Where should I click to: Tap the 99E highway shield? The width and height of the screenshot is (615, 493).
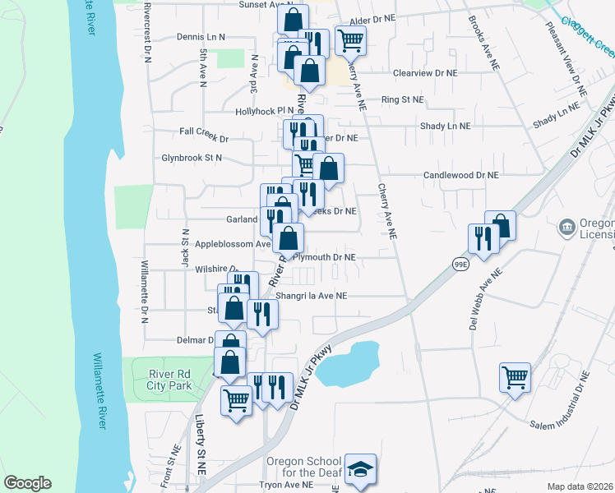click(x=460, y=263)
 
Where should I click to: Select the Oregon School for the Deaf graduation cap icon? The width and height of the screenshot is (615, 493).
click(x=360, y=469)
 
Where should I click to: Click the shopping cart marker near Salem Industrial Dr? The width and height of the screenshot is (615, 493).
click(x=515, y=378)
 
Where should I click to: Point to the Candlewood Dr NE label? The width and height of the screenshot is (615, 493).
click(x=461, y=175)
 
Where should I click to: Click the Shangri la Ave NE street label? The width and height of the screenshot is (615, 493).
click(x=312, y=296)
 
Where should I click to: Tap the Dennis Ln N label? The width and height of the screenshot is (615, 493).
click(x=201, y=37)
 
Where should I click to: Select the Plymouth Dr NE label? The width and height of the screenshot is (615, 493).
click(x=324, y=257)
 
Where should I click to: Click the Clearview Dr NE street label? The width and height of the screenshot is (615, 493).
click(x=423, y=72)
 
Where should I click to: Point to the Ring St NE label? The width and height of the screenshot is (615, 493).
click(x=403, y=99)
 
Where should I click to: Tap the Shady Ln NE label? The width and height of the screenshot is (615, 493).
click(x=445, y=126)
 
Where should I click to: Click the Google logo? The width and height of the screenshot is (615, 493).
click(x=27, y=483)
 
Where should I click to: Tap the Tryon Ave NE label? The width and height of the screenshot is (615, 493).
click(x=287, y=485)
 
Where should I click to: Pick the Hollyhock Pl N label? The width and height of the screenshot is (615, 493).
click(x=264, y=110)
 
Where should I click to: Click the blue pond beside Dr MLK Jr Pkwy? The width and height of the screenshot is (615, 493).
click(x=350, y=364)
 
